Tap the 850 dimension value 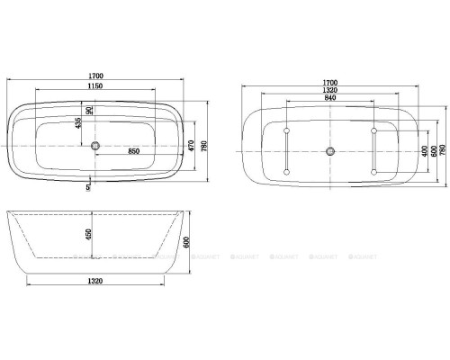[x=133, y=151]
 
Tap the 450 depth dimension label [x=88, y=236]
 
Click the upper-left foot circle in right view [x=287, y=131]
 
